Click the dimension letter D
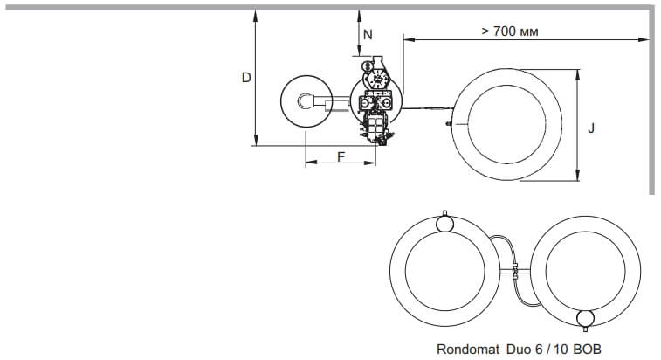[246, 78]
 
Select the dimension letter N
[368, 35]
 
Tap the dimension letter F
[341, 156]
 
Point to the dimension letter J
[591, 128]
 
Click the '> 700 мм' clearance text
[510, 31]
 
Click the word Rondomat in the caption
[468, 349]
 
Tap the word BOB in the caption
[588, 349]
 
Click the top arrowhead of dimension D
[256, 15]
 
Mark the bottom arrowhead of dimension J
[578, 176]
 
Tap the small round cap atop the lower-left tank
[445, 223]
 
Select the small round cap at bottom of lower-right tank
[585, 319]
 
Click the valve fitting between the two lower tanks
[514, 272]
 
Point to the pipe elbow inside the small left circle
[306, 101]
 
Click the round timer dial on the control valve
[376, 79]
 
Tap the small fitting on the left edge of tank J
[449, 124]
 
